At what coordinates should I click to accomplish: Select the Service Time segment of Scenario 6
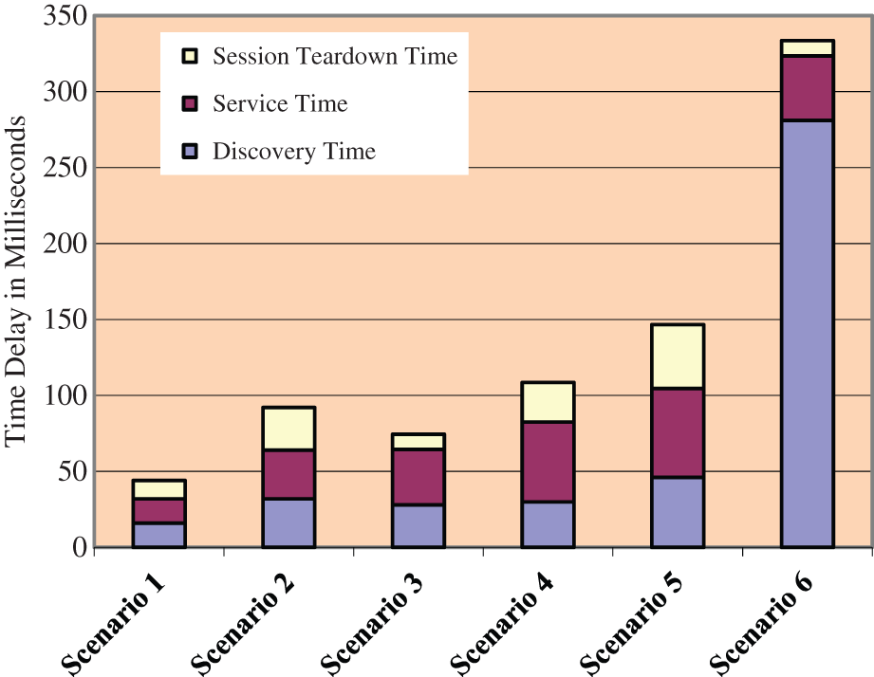click(x=807, y=88)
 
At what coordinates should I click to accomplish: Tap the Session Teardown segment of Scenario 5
click(x=677, y=357)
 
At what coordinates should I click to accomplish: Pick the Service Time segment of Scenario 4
click(x=548, y=462)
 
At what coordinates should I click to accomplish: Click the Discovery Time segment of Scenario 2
click(x=288, y=522)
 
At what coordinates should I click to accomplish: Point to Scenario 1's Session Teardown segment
click(x=158, y=489)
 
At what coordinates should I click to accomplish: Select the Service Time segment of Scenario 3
click(x=418, y=477)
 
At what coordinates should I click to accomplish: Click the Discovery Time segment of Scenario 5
click(x=677, y=512)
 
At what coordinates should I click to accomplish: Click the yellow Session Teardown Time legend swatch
click(x=189, y=56)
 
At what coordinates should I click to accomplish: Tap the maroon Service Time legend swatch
click(x=189, y=103)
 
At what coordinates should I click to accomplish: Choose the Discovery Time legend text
click(x=294, y=151)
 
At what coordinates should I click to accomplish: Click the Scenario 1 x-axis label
click(x=114, y=621)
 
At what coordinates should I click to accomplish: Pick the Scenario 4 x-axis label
click(x=503, y=621)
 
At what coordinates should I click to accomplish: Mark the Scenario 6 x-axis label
click(x=764, y=621)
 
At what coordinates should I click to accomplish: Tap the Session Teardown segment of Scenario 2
click(x=288, y=429)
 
